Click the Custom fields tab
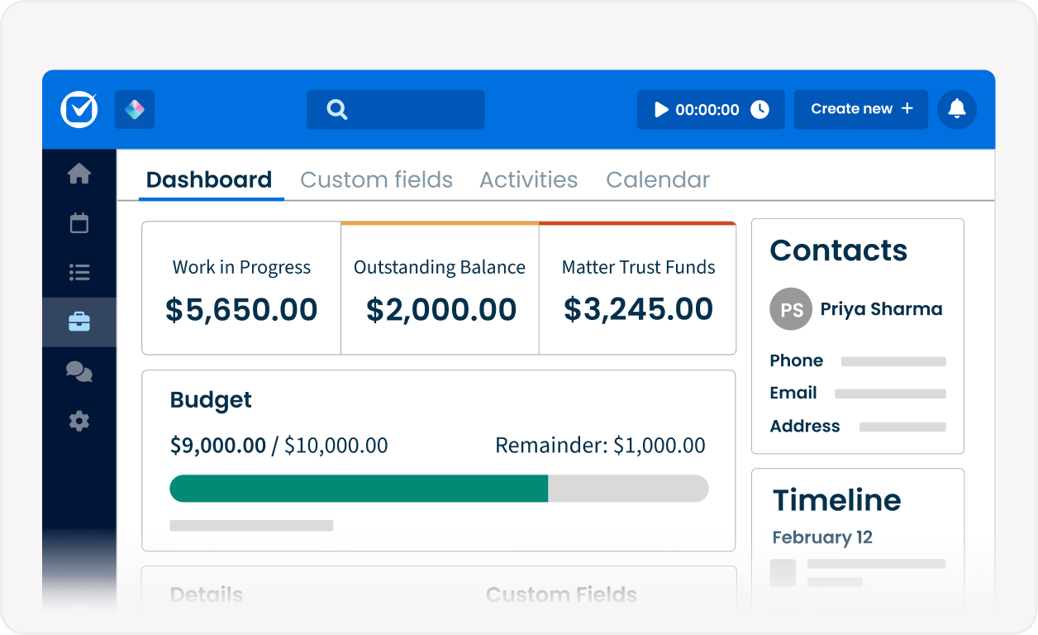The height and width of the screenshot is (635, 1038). pyautogui.click(x=376, y=180)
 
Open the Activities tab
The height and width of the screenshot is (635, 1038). pyautogui.click(x=528, y=180)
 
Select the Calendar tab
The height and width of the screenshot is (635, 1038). pyautogui.click(x=658, y=180)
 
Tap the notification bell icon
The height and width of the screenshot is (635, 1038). pyautogui.click(x=957, y=109)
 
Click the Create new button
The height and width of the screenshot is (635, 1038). pyautogui.click(x=861, y=109)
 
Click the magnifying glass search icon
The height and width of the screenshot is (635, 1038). pyautogui.click(x=337, y=109)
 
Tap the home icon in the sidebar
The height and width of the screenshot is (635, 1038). pyautogui.click(x=79, y=174)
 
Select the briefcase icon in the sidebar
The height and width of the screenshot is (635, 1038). pyautogui.click(x=79, y=322)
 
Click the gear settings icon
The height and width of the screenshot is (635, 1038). pyautogui.click(x=79, y=421)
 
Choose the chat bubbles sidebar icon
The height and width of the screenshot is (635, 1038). pyautogui.click(x=79, y=372)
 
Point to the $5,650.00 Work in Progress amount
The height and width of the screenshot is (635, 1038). pyautogui.click(x=241, y=309)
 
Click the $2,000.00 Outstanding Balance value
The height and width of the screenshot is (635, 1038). pyautogui.click(x=441, y=309)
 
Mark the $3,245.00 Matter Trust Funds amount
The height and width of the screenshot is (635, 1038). pyautogui.click(x=638, y=308)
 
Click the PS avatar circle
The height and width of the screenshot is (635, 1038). pyautogui.click(x=791, y=309)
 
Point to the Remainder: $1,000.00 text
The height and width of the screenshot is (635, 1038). pyautogui.click(x=600, y=446)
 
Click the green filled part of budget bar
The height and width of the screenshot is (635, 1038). pyautogui.click(x=359, y=489)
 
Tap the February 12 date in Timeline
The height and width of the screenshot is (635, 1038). pyautogui.click(x=822, y=537)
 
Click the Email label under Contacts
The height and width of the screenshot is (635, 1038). pyautogui.click(x=793, y=393)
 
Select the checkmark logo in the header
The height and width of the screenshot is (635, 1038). pyautogui.click(x=79, y=109)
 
